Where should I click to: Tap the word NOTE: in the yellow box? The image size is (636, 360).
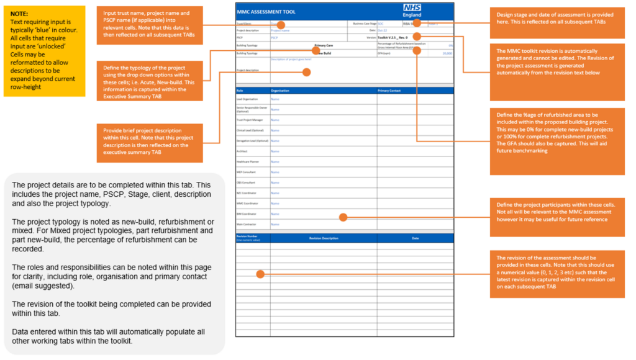19,13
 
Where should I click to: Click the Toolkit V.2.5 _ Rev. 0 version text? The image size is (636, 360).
389,37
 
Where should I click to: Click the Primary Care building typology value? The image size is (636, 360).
324,45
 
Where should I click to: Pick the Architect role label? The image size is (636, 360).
242,151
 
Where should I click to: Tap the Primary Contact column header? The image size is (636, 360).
393,91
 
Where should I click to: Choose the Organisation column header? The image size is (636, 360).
280,91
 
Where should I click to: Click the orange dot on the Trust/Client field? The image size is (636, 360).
281,25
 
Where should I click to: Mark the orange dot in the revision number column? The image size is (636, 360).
260,274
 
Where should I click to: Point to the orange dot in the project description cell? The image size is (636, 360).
306,72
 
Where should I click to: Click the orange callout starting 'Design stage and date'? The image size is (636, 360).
555,18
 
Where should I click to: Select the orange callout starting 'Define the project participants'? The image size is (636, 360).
555,212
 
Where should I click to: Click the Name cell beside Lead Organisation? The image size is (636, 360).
275,99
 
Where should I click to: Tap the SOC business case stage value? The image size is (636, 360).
381,23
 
